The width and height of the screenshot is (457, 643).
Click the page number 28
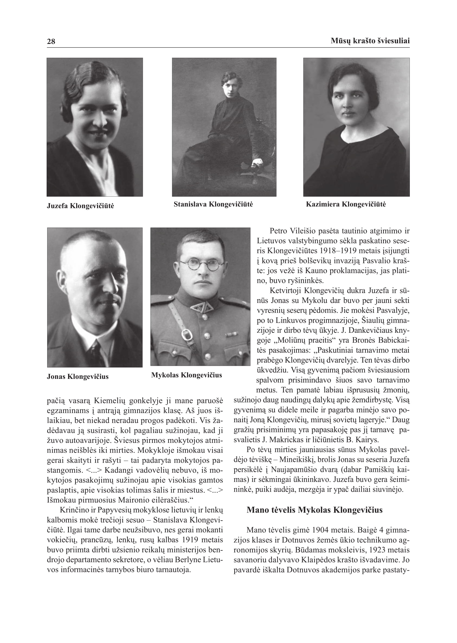tap(51, 41)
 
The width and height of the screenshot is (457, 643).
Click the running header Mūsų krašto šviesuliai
tap(370, 41)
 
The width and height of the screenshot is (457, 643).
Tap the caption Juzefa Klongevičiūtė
tap(80, 206)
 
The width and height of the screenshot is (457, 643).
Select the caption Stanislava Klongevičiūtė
tap(213, 204)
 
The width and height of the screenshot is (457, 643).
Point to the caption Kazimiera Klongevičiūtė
tap(346, 204)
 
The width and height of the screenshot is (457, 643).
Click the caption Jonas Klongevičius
tap(78, 376)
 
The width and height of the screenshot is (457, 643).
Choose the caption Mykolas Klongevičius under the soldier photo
tap(186, 375)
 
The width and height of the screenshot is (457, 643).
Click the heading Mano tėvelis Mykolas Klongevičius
tap(314, 510)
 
